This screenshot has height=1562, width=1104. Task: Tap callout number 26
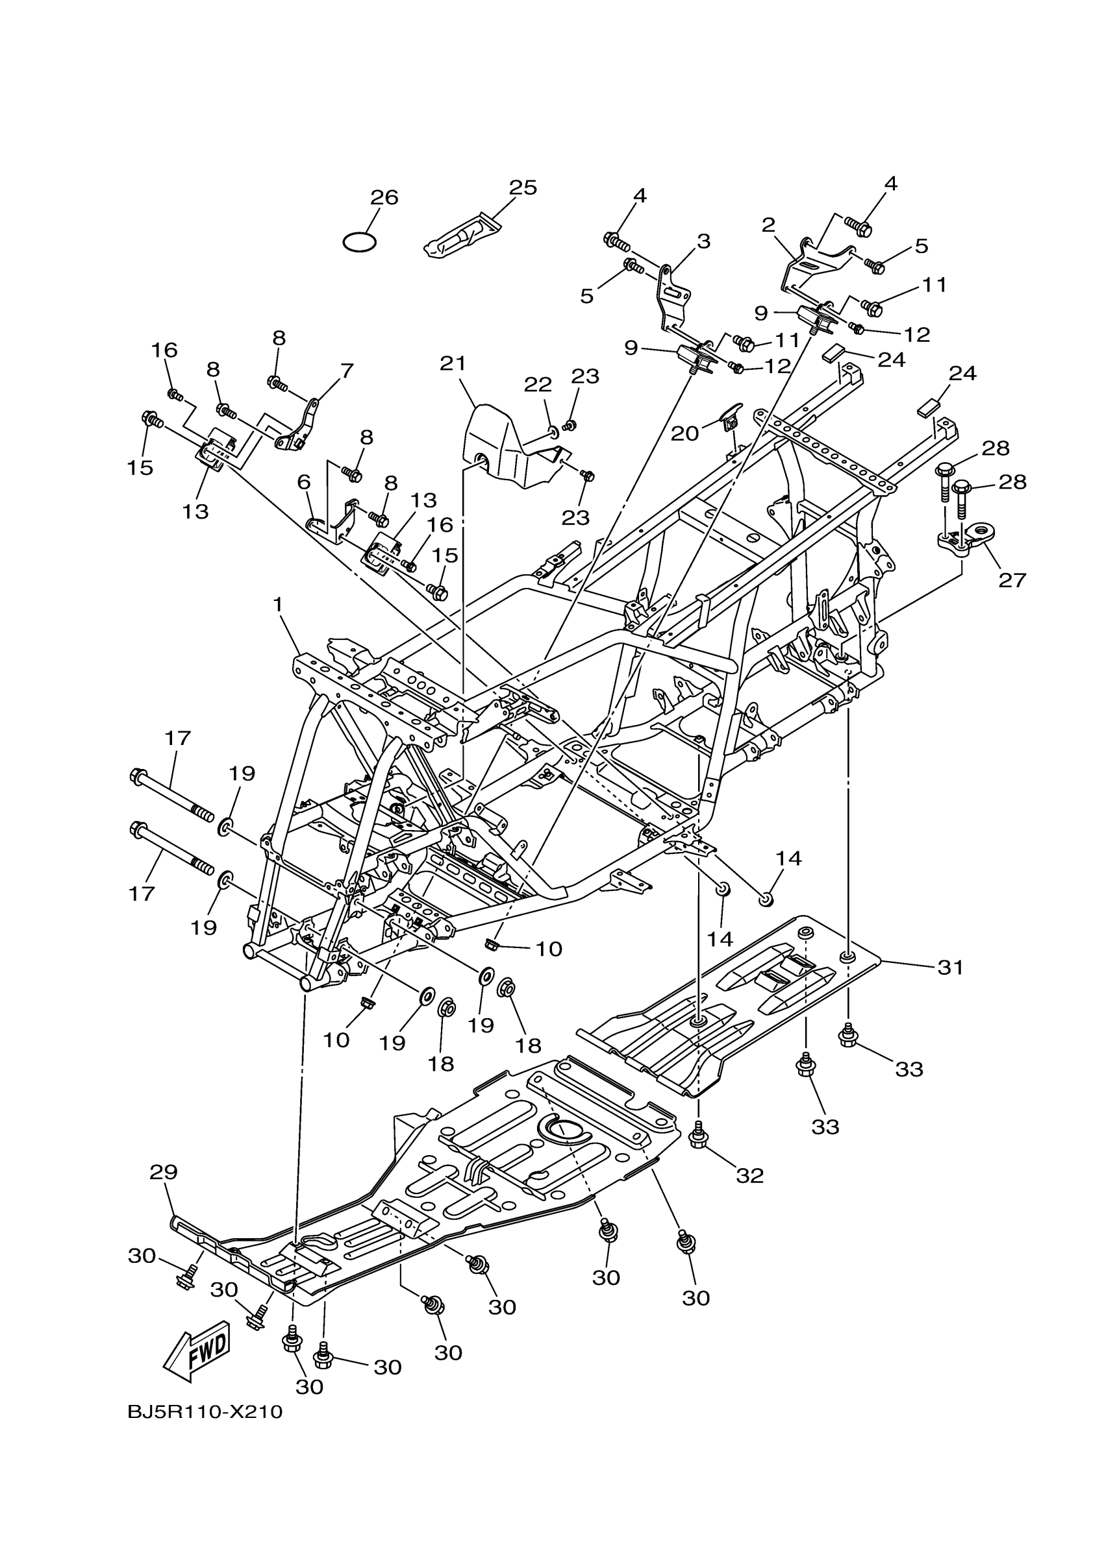coord(384,198)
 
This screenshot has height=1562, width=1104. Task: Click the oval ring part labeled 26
coord(359,242)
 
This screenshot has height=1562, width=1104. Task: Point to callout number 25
coord(523,188)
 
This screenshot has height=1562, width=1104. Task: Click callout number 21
coord(453,364)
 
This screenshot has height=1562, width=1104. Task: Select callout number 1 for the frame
coord(278,604)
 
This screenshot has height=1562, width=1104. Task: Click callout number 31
coord(950,968)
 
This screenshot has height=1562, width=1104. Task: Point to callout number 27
coord(1012,580)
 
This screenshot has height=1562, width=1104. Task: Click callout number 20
coord(684,433)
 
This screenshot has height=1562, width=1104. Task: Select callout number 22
coord(538,385)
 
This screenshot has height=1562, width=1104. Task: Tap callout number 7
coord(346,371)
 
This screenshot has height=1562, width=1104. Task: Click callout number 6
coord(303,482)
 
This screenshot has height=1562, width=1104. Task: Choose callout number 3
coord(703,241)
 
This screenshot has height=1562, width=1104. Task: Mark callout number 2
coord(769,225)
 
